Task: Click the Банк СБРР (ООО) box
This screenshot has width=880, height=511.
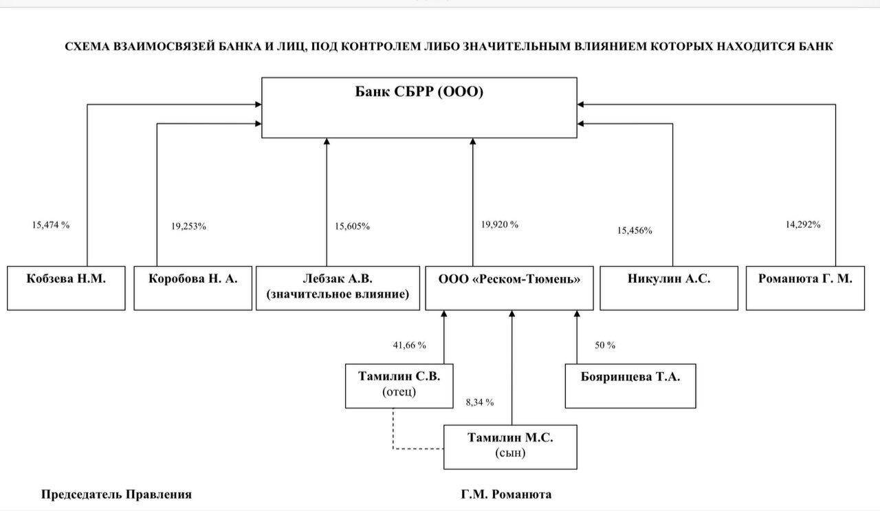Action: (x=419, y=108)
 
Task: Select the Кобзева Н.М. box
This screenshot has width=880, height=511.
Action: (x=66, y=288)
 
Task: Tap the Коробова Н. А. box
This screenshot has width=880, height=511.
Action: (x=193, y=288)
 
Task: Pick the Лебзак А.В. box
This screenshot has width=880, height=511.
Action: (x=338, y=288)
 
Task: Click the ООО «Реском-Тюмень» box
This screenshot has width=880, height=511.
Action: (x=509, y=288)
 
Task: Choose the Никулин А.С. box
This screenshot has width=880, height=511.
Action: (x=669, y=288)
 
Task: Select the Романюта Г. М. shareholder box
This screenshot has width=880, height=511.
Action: (x=805, y=288)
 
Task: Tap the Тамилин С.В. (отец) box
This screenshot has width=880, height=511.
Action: (x=399, y=386)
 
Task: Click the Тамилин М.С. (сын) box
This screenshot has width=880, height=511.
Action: (x=510, y=447)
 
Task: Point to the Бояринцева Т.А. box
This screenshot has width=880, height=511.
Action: (x=630, y=386)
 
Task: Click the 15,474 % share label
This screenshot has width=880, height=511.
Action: (x=51, y=225)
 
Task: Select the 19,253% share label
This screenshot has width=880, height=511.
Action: (x=188, y=226)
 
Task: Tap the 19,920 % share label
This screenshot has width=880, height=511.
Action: (x=500, y=224)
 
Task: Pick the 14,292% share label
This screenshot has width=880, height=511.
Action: (x=803, y=224)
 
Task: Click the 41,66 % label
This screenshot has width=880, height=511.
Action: (x=409, y=345)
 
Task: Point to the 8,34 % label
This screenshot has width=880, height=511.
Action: (x=480, y=402)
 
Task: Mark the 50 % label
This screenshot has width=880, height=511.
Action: (x=605, y=345)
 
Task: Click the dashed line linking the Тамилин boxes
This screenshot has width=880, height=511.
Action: (x=393, y=448)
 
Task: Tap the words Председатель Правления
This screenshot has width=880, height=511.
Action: (x=116, y=494)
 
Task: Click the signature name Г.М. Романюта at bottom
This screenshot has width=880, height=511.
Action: (x=506, y=494)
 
